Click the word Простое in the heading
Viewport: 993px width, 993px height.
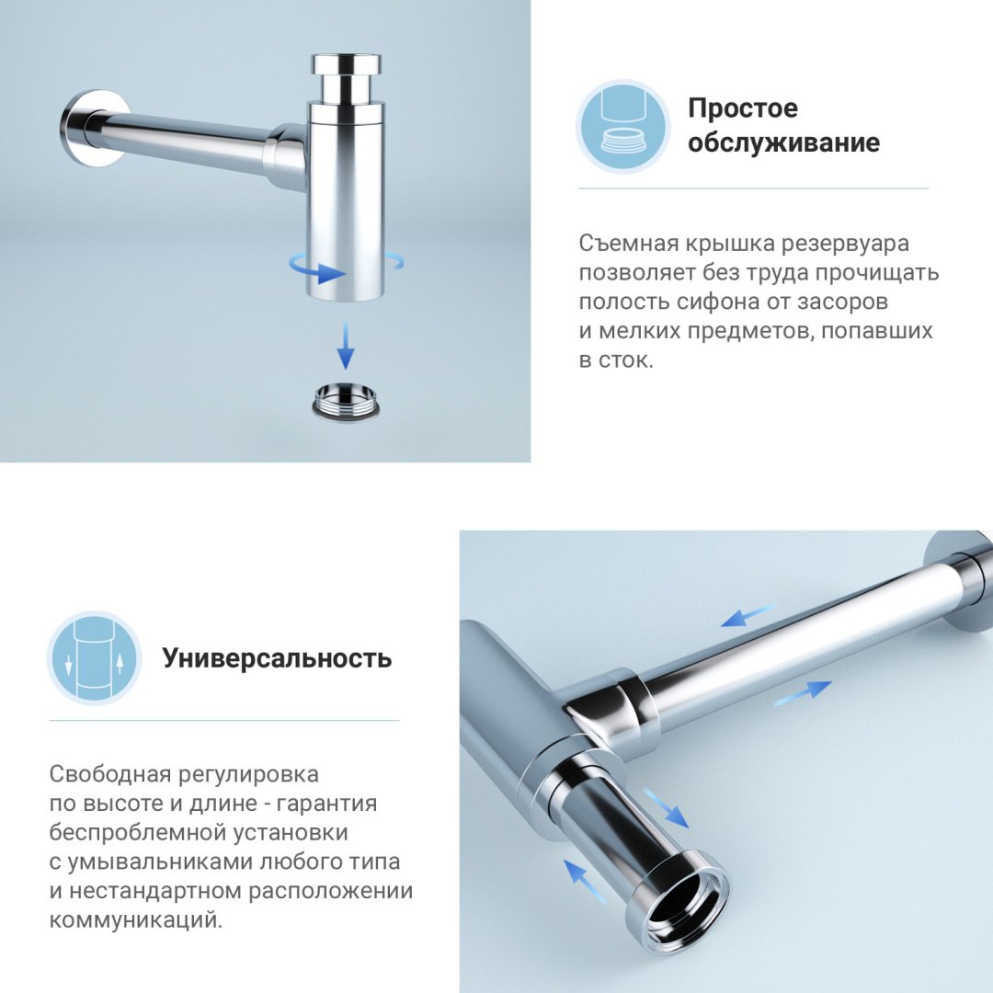click(743, 108)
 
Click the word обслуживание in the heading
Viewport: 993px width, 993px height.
click(783, 143)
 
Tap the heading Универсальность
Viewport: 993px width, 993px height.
click(277, 658)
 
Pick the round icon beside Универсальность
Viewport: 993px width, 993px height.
click(94, 658)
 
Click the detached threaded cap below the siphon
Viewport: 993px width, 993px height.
click(347, 401)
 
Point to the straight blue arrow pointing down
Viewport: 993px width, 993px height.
click(346, 346)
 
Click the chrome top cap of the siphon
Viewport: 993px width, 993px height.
click(346, 66)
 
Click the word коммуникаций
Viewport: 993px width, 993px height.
click(135, 920)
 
